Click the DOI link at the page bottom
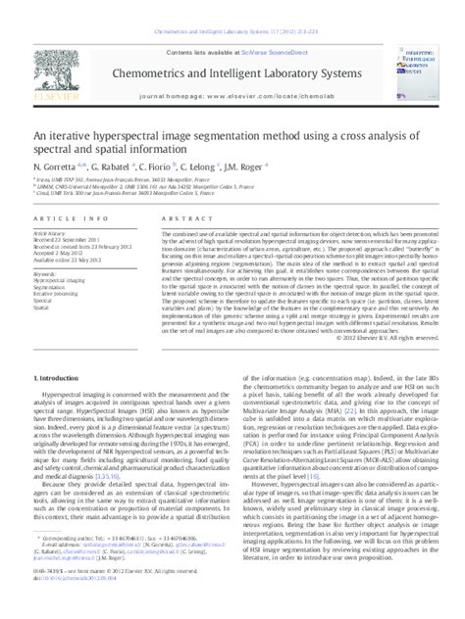pos(74,608)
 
